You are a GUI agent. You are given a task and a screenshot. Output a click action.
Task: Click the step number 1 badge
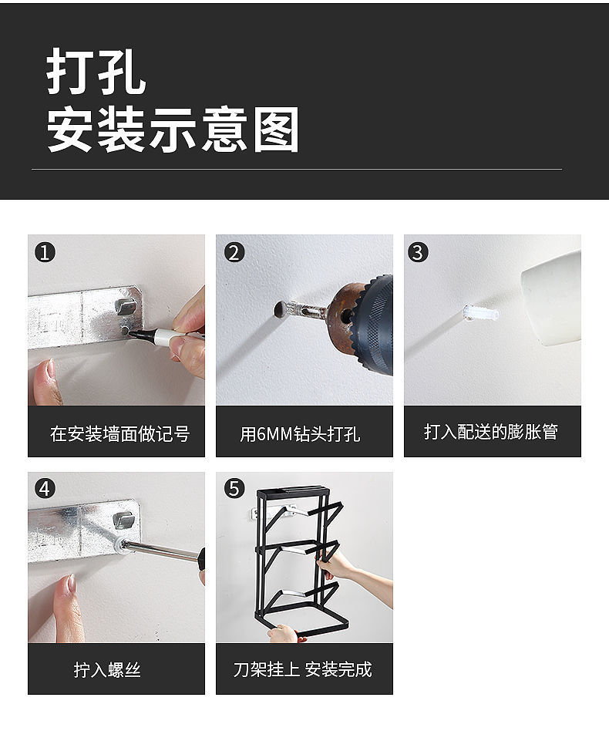(x=45, y=253)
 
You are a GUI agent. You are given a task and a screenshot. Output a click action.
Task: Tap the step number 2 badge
(x=234, y=253)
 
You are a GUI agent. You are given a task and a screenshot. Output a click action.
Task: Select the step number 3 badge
(x=418, y=253)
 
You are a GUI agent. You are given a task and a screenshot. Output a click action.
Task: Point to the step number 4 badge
(x=45, y=489)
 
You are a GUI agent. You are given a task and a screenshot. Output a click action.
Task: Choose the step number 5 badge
(x=234, y=489)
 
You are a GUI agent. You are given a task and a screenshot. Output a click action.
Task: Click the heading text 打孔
(x=96, y=72)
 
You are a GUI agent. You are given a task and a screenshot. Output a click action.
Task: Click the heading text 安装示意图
(x=173, y=129)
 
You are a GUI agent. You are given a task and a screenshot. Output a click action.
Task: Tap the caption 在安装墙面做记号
(x=119, y=433)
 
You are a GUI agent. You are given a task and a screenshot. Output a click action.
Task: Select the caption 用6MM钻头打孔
(x=300, y=434)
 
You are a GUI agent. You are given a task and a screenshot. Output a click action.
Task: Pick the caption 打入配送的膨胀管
(x=491, y=432)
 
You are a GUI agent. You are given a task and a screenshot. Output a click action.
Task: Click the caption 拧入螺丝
(x=107, y=670)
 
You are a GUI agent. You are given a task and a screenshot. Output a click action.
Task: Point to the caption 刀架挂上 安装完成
(x=303, y=669)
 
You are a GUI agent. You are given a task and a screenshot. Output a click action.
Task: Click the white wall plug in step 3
(x=481, y=313)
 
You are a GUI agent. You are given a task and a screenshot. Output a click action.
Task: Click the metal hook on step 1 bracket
(x=125, y=305)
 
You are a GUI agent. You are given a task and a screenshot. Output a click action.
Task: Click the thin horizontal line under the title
(x=297, y=169)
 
